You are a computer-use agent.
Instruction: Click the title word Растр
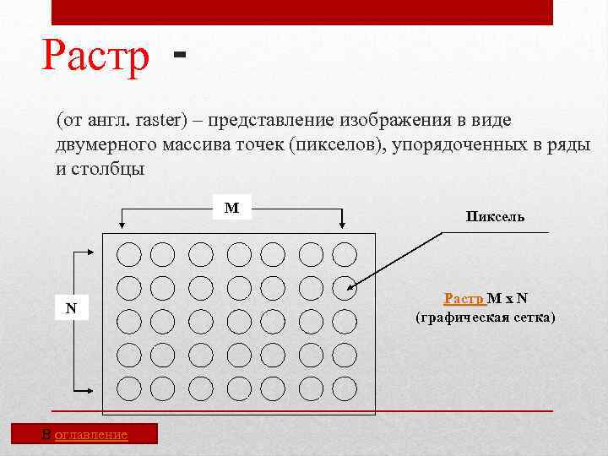(95, 57)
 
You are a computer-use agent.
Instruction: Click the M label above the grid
(231, 208)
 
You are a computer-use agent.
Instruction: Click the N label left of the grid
(72, 308)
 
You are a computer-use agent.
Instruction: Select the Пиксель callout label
(495, 216)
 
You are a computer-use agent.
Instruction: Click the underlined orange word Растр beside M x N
(464, 298)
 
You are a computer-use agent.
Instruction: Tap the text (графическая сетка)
(486, 318)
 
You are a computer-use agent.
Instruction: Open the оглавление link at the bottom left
(90, 434)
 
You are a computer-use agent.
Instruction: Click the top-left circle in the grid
(128, 253)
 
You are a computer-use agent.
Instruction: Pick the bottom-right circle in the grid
(345, 388)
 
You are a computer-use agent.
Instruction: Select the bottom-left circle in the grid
(128, 388)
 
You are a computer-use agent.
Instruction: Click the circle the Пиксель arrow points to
(345, 287)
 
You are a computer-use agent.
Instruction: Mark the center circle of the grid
(239, 321)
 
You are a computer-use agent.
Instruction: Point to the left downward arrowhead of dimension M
(123, 224)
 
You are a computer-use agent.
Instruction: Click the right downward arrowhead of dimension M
(342, 224)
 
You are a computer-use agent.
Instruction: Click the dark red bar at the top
(302, 12)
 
